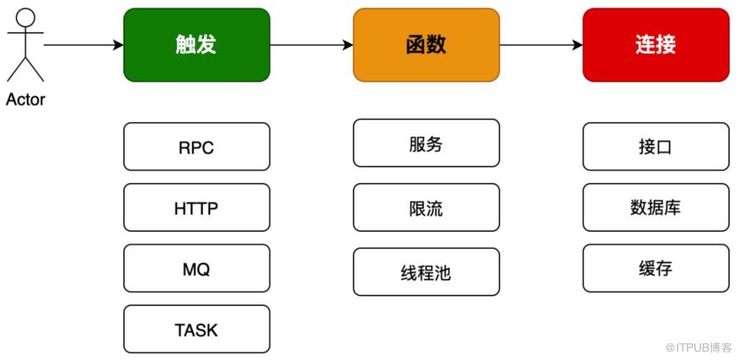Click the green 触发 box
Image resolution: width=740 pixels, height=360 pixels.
point(197,45)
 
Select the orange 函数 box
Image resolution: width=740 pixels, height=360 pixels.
point(427,45)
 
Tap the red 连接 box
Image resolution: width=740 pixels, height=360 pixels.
point(656,45)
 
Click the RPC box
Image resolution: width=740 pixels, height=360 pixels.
point(197,146)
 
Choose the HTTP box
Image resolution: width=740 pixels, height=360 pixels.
point(197,208)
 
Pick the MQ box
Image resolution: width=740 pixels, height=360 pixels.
point(197,269)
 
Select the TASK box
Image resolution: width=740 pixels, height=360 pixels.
point(197,329)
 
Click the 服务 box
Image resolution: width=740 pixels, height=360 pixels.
point(427,143)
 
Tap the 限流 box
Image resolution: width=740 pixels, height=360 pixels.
point(427,208)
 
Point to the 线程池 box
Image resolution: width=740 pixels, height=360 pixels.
point(427,272)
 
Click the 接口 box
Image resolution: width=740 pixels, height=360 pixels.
point(656,146)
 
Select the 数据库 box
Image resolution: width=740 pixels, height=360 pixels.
point(656,208)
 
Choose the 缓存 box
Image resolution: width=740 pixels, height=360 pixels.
point(656,269)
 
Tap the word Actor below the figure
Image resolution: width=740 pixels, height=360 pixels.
point(26,100)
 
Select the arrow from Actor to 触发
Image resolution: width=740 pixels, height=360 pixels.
point(83,45)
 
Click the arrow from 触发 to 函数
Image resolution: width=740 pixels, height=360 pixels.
point(312,45)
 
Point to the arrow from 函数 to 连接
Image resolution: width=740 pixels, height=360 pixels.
point(541,45)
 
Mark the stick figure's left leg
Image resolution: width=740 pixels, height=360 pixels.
point(17,69)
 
